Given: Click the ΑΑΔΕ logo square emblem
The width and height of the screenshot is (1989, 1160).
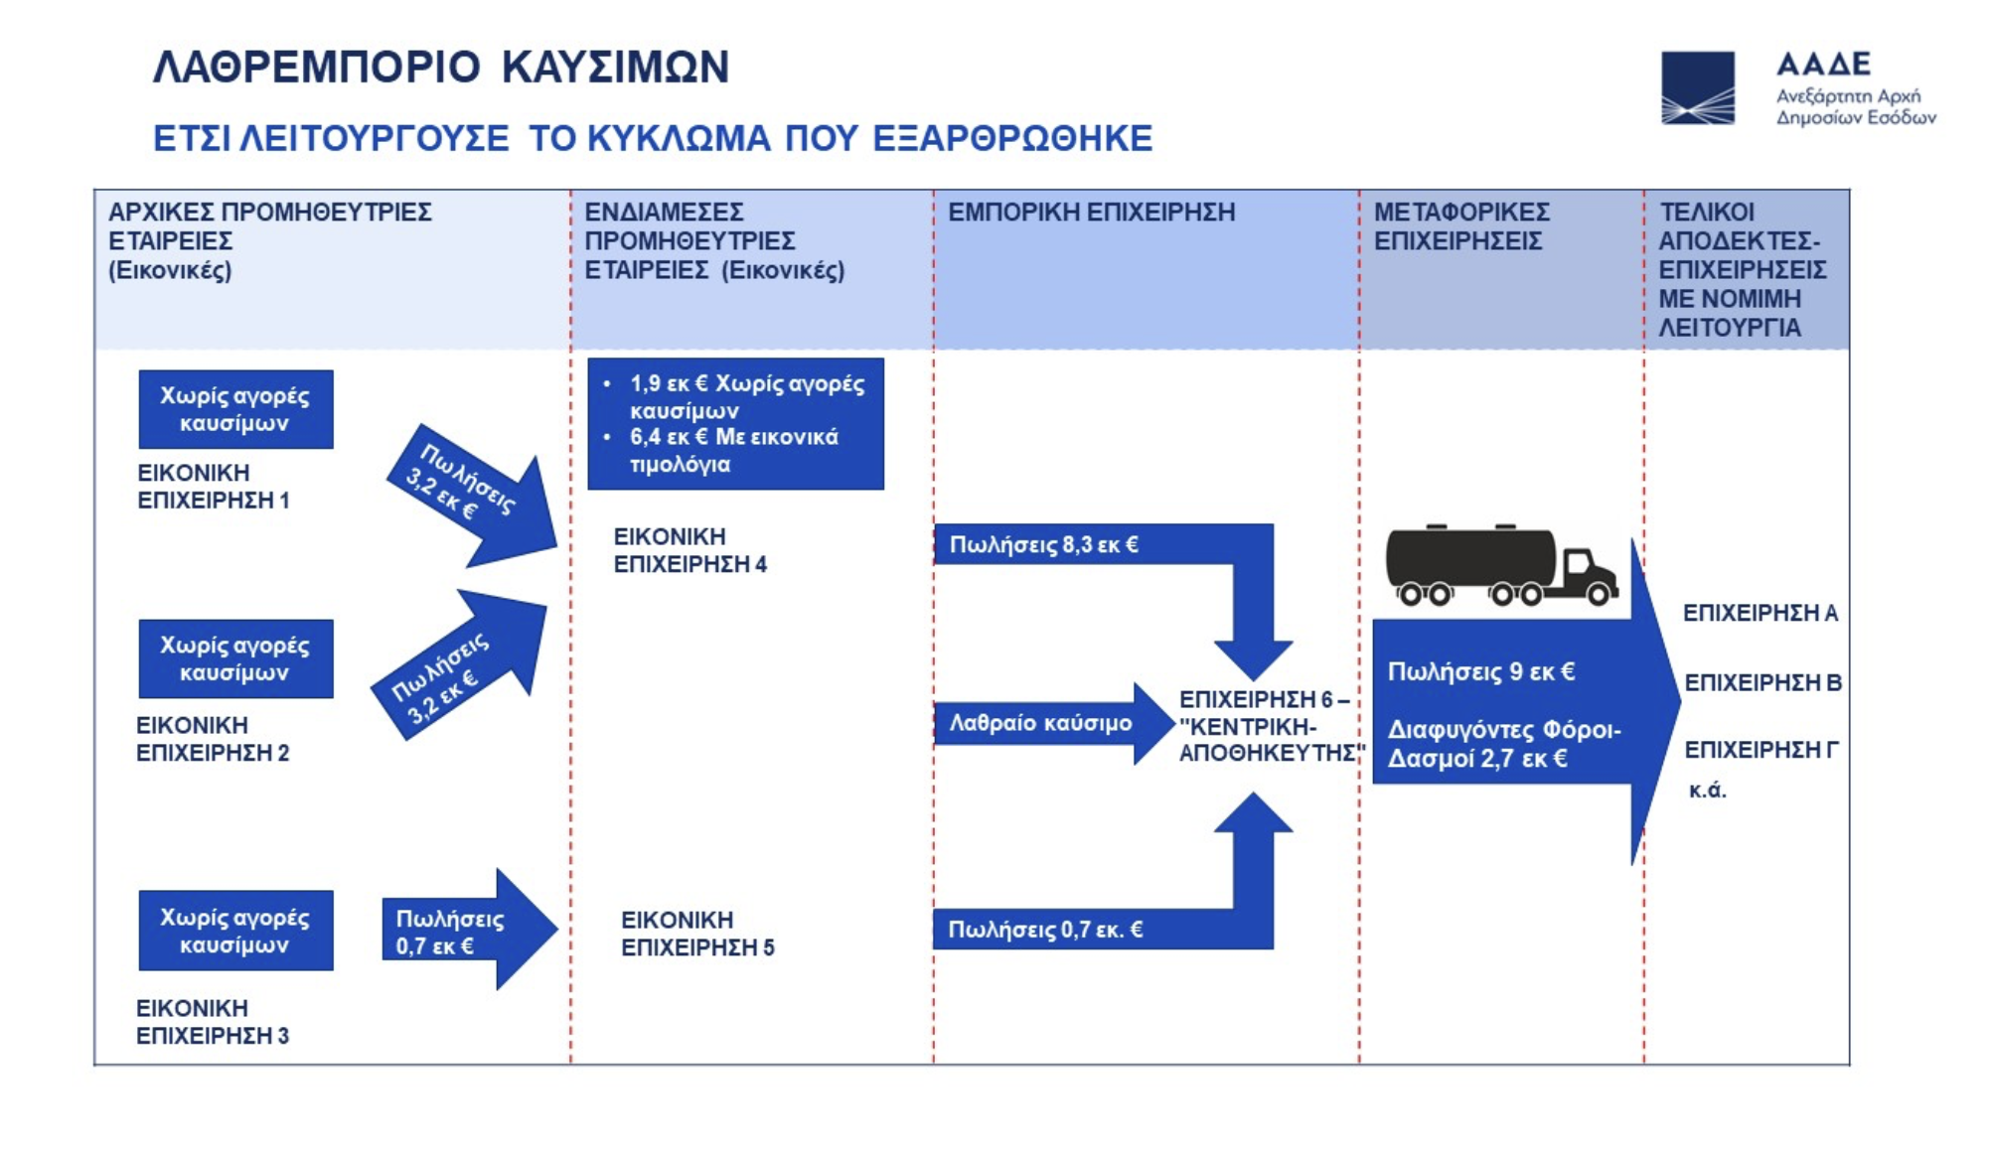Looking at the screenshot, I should point(1697,87).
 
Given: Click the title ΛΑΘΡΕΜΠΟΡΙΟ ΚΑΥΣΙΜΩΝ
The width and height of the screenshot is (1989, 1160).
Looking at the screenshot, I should point(441,68).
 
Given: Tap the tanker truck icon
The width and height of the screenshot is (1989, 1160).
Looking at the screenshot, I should point(1500,565).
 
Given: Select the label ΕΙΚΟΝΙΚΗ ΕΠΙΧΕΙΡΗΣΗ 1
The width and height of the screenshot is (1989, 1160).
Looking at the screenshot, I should point(213,487).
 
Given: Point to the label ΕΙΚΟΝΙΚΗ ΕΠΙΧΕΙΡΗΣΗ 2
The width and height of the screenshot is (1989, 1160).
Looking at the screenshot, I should point(213,739).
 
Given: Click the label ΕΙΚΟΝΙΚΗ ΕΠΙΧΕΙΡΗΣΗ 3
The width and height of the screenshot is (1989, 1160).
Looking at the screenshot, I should point(213,1022).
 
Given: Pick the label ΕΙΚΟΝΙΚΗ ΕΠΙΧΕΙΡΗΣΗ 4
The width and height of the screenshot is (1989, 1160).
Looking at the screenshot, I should point(689,550).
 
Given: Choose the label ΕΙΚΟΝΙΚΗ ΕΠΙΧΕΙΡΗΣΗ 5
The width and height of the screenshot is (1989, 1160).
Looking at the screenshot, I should point(696,934).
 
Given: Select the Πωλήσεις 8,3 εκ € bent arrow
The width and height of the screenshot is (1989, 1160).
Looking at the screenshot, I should point(1093,544).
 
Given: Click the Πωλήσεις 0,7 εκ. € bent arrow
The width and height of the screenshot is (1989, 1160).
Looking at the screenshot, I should point(1093,930).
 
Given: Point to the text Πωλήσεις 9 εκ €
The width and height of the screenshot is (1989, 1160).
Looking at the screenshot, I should point(1480,672).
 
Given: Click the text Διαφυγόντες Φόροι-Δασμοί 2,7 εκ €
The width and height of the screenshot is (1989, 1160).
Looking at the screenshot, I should point(1502,744).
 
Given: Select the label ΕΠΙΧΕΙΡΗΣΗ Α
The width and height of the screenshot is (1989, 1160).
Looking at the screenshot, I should point(1759,613).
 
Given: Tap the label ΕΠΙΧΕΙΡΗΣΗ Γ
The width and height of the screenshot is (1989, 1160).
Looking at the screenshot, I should point(1760,750).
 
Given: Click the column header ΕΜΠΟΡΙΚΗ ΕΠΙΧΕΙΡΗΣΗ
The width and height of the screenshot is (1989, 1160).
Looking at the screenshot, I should point(1091,213).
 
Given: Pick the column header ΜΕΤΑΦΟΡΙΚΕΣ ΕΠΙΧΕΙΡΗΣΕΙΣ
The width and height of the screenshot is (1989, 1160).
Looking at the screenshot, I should point(1460,226).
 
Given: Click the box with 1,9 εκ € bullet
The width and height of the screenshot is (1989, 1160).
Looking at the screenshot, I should point(735,424).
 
